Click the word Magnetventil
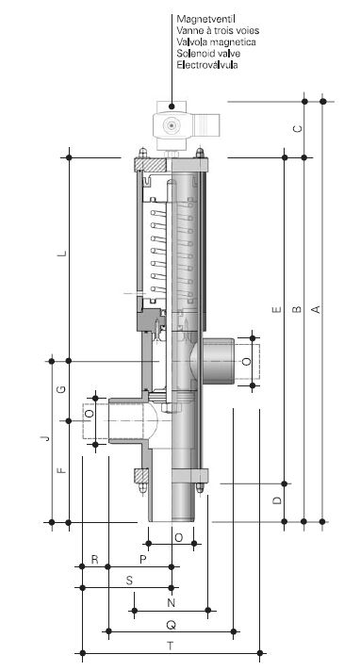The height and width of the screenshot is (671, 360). click(205, 19)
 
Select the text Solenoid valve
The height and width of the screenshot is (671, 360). click(208, 54)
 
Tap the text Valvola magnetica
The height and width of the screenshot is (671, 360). click(216, 41)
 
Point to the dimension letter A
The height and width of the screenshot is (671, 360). click(316, 309)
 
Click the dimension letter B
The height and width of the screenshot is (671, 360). click(297, 309)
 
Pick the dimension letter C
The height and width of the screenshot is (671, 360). click(299, 128)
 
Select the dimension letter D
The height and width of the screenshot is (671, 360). click(278, 499)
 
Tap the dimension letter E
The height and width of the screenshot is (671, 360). click(277, 309)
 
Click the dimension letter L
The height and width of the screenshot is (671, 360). click(63, 253)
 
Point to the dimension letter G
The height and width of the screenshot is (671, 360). click(62, 389)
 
